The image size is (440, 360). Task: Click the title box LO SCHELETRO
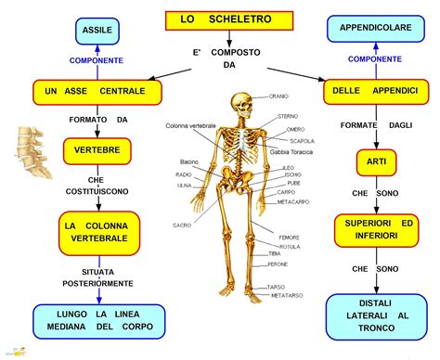point(229,19)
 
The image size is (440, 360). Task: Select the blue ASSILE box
point(97,31)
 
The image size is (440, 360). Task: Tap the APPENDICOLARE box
point(375,29)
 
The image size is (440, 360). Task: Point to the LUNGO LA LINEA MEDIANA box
point(97,318)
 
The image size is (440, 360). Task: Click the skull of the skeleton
point(241,103)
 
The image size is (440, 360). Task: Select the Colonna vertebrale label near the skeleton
point(190,125)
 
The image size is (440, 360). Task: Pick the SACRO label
point(182,225)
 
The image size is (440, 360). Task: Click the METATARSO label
point(285,295)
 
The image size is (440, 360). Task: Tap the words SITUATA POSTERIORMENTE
point(97,277)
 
